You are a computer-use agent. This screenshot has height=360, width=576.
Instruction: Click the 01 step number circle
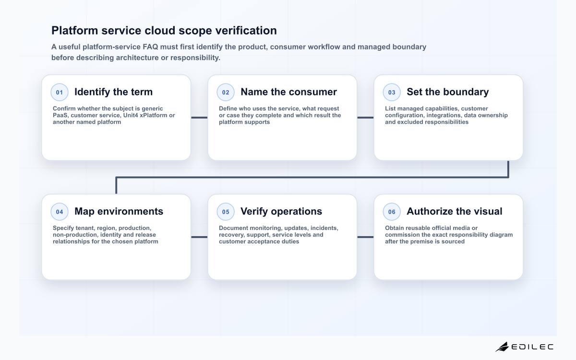point(60,92)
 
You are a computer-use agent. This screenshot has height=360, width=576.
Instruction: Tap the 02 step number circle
point(226,92)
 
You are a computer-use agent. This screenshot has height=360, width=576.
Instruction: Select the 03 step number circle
point(392,92)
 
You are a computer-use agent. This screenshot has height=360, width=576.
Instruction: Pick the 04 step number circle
point(60,212)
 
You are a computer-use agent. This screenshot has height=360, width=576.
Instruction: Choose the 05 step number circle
point(226,212)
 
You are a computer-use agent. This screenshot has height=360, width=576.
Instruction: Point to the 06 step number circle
point(392,212)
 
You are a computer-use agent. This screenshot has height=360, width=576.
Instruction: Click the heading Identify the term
point(113,92)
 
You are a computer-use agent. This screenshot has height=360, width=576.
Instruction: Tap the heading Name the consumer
point(288,92)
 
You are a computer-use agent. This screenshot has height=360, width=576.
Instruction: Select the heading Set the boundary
point(448,92)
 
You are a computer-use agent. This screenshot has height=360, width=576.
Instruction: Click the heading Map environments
point(119,211)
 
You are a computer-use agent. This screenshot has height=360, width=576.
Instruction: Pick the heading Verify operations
point(281,211)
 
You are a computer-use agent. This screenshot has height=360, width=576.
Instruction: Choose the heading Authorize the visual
point(455,211)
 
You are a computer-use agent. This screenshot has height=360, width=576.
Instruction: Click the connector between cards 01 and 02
point(199,118)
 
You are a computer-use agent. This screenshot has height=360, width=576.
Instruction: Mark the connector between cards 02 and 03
point(365,118)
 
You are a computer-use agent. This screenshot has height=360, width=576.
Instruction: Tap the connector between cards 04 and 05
point(199,237)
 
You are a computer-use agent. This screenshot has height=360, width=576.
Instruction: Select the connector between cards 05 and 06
point(365,237)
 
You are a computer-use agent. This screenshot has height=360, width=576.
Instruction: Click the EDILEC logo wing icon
point(502,347)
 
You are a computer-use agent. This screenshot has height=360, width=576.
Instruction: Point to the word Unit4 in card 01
point(131,115)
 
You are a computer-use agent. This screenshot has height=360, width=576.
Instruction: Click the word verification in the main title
point(246,30)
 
